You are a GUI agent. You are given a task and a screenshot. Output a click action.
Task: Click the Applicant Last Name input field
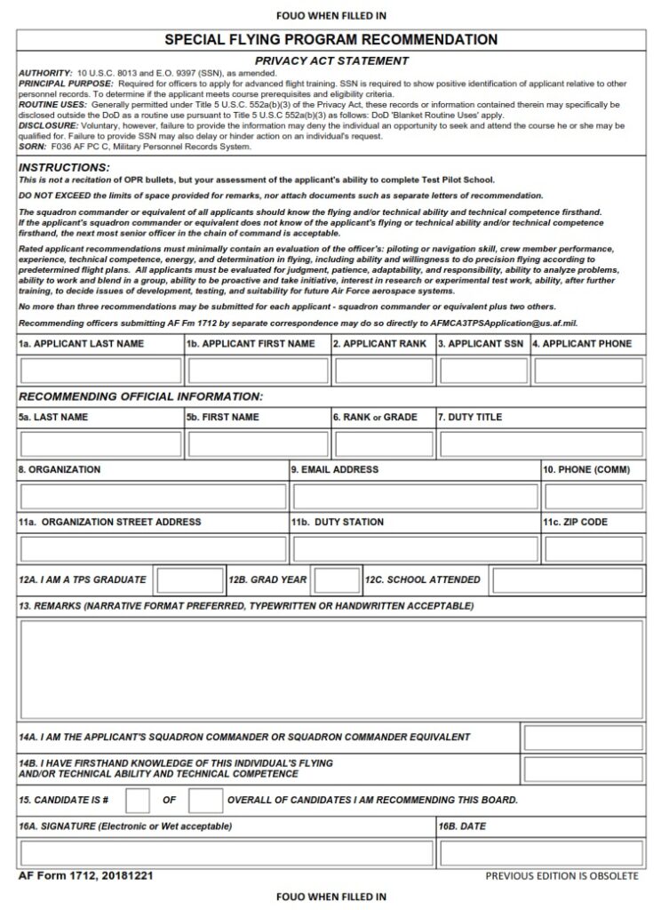[x=100, y=371]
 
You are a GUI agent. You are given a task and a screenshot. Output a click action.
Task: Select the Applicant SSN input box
[x=483, y=371]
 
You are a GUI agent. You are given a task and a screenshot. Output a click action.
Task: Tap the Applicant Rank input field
[x=384, y=371]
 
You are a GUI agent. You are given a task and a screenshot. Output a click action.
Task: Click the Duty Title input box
[x=540, y=443]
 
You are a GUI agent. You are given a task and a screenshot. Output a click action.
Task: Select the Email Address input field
[x=415, y=497]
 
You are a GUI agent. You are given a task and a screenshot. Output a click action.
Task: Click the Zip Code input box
[x=593, y=549]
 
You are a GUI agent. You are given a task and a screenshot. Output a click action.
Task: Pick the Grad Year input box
[x=337, y=581]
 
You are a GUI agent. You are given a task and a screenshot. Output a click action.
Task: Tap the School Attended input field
[x=567, y=581]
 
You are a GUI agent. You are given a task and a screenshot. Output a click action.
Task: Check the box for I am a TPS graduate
[x=190, y=581]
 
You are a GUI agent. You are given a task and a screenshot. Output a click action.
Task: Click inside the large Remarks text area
[x=330, y=669]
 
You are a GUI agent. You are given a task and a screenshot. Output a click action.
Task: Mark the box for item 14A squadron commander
[x=583, y=738]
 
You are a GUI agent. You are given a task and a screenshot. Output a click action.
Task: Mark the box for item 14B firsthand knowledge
[x=583, y=770]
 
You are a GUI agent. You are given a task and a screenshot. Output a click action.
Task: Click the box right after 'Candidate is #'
[x=138, y=801]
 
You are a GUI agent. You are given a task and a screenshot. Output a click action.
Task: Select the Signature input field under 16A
[x=226, y=853]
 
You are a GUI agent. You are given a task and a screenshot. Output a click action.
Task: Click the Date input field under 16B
[x=540, y=853]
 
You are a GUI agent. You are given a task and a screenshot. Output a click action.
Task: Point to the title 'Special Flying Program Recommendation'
[x=330, y=40]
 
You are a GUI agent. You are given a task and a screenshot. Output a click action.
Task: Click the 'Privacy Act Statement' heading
[x=330, y=60]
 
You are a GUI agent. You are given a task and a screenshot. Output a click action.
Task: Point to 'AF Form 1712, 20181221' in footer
[x=85, y=876]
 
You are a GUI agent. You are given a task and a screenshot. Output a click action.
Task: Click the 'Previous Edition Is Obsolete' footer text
[x=561, y=876]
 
